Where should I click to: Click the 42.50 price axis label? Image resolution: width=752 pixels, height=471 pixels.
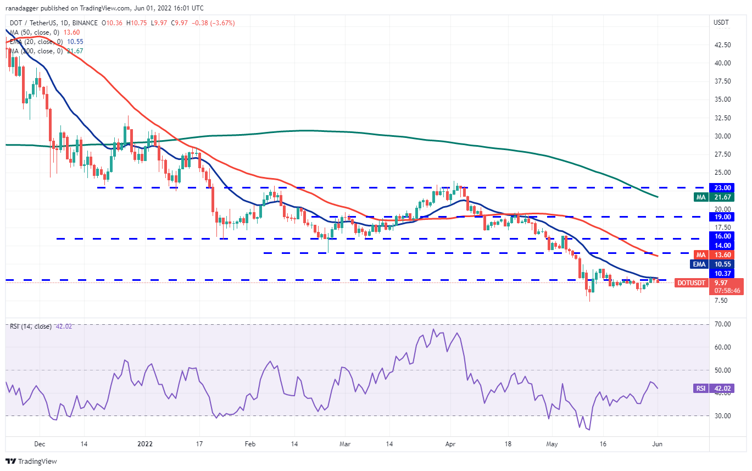pos(721,45)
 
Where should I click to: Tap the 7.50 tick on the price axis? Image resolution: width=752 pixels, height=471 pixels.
pos(721,301)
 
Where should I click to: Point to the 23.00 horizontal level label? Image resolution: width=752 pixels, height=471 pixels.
pos(721,187)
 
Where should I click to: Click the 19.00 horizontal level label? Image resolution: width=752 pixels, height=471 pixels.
pos(721,217)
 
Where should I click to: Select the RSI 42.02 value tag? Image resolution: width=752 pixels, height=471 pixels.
pos(721,388)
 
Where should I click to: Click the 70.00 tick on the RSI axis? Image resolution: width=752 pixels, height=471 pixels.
pos(721,324)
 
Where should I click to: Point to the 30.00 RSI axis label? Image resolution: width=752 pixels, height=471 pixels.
pos(721,415)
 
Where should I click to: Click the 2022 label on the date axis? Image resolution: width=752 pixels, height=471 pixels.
pos(145,443)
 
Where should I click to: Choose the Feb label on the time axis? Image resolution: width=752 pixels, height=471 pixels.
pos(249,443)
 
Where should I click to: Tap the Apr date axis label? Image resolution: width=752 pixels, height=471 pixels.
pos(450,443)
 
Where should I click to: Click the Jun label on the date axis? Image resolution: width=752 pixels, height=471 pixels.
pos(656,443)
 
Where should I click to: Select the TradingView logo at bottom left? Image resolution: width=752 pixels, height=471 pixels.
pos(31,461)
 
